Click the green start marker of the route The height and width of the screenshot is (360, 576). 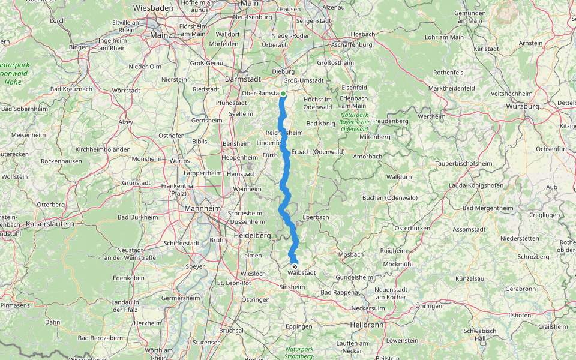click(283, 94)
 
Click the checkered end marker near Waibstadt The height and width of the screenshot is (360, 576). click(295, 266)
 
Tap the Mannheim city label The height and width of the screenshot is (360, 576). click(202, 208)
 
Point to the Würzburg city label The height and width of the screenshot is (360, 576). click(523, 106)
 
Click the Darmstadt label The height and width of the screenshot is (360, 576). click(242, 79)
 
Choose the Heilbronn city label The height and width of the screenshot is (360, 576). click(365, 325)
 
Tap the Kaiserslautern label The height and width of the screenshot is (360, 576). click(49, 223)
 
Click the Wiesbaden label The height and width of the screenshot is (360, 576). click(154, 8)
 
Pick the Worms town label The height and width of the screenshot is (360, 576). click(180, 161)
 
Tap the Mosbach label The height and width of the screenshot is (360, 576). click(351, 254)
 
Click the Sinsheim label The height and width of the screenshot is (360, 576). click(292, 287)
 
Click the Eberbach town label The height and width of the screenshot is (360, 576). click(316, 217)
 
